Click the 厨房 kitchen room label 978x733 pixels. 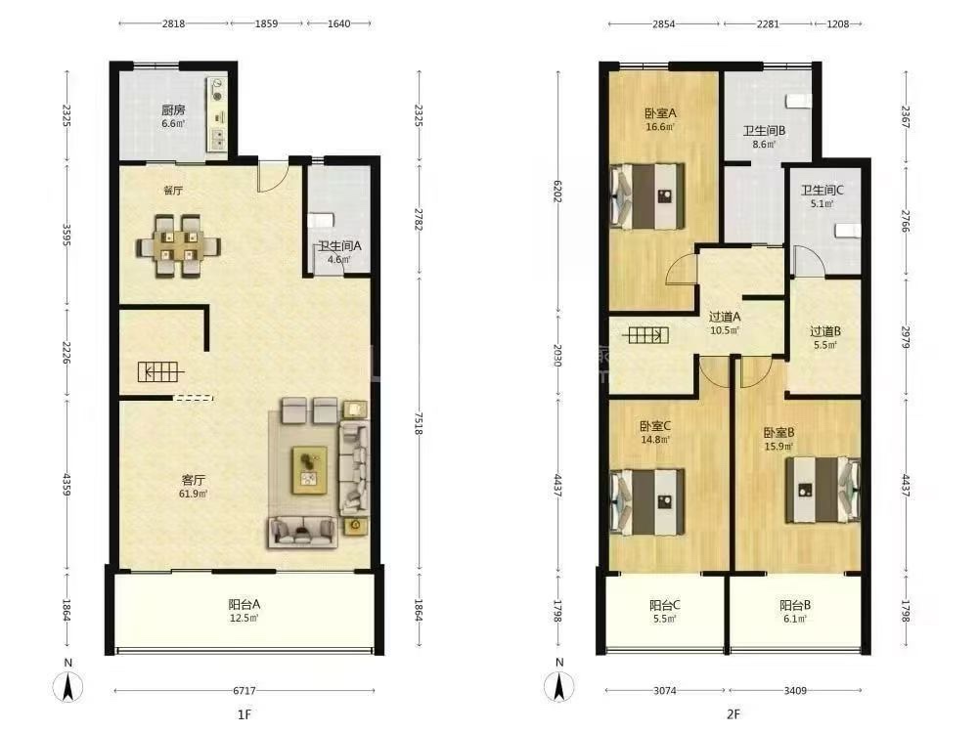click(x=173, y=110)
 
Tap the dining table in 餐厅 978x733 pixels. click(x=178, y=246)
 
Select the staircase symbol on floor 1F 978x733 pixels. click(x=161, y=372)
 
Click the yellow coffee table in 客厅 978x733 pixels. click(x=309, y=469)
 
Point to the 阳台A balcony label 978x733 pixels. click(x=244, y=604)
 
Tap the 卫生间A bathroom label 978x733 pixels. click(x=340, y=245)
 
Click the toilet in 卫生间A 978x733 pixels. click(x=321, y=220)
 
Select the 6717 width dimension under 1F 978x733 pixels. click(x=244, y=691)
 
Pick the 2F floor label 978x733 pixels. click(x=733, y=713)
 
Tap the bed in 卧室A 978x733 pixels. click(x=647, y=195)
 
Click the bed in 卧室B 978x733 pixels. click(x=823, y=490)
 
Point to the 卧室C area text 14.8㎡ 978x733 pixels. click(x=655, y=440)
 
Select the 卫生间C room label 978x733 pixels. click(x=822, y=191)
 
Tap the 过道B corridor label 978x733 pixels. click(x=825, y=331)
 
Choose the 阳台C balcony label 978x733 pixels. click(x=665, y=605)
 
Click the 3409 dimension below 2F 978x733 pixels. click(x=795, y=691)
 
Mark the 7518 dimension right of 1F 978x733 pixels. click(x=419, y=423)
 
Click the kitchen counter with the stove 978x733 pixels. click(x=217, y=114)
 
